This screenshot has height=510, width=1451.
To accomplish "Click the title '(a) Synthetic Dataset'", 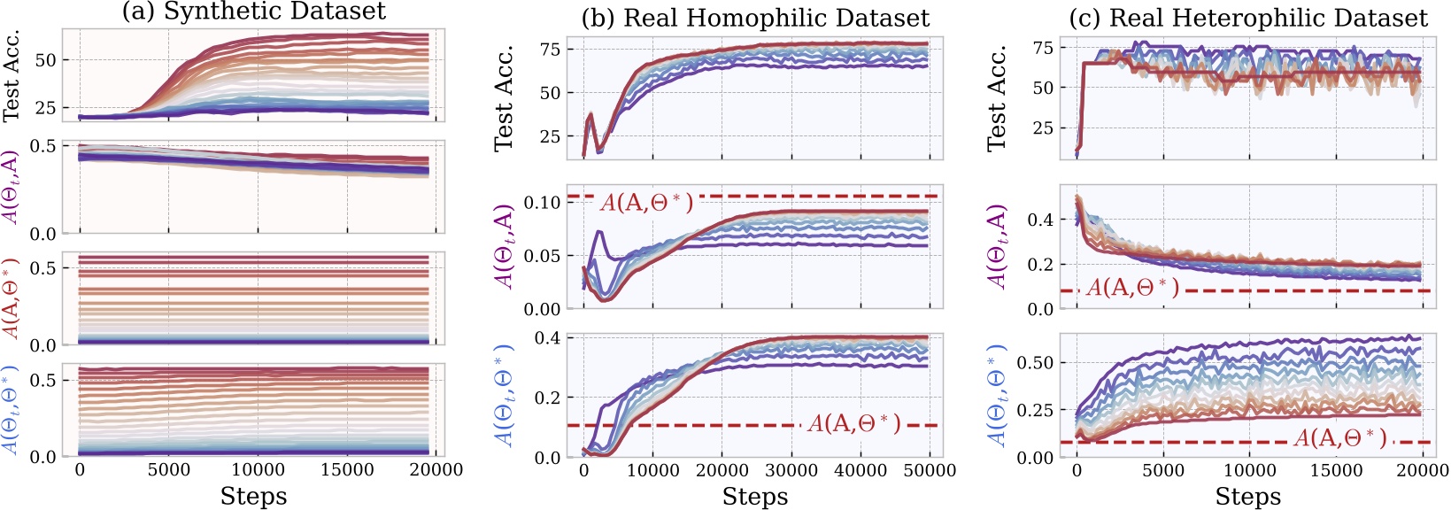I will point(253,12).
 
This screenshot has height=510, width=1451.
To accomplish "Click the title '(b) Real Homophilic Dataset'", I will point(754,18).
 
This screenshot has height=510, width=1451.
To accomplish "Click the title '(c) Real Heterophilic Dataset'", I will point(1248,18).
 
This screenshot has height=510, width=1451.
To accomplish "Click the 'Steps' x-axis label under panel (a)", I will point(253,496).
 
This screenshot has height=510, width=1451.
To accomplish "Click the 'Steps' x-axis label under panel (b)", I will point(754,496).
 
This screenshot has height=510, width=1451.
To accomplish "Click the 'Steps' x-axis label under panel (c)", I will point(1247,496).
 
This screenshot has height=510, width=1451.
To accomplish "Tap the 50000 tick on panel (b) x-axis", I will point(929,471).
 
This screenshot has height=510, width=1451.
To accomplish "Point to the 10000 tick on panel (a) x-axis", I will point(258,470).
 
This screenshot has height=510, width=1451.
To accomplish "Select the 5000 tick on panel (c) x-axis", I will point(1163,471).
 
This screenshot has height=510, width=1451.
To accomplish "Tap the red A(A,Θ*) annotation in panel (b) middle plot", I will point(646,203).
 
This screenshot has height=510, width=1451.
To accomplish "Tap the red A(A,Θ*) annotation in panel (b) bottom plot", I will point(853,423).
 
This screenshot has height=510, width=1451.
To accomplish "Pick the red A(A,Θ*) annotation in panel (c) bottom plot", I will point(1340,437).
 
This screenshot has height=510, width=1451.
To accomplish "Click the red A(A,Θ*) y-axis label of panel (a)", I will point(12,298).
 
